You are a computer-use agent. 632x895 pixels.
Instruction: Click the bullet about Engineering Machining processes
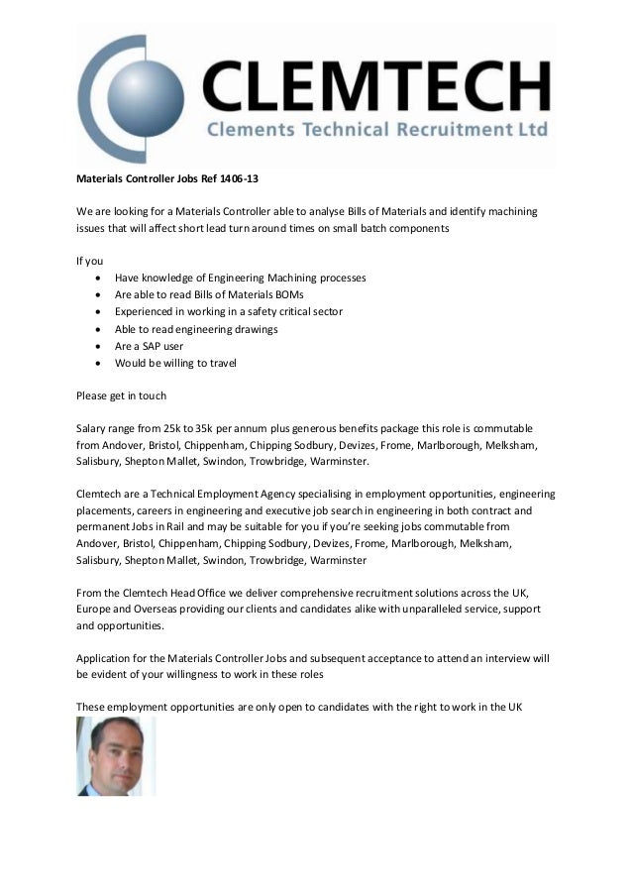(240, 279)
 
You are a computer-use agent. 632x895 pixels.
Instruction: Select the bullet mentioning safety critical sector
(229, 312)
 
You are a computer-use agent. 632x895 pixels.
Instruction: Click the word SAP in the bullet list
(155, 346)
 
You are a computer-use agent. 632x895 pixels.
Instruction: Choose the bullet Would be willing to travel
(175, 363)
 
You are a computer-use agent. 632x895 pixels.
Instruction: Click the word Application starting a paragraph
(107, 658)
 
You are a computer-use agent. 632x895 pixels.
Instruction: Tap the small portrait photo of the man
(116, 755)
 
